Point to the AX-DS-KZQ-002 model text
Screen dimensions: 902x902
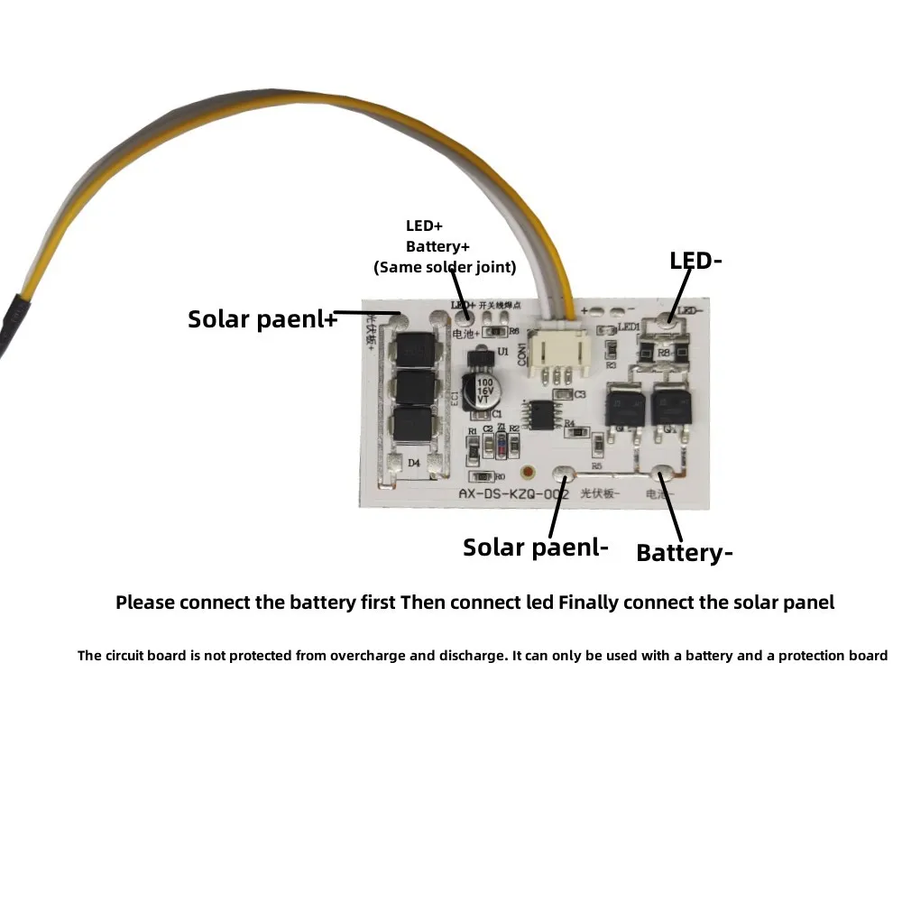pyautogui.click(x=513, y=493)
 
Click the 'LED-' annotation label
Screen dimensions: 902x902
pyautogui.click(x=695, y=262)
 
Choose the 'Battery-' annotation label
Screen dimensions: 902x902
pyautogui.click(x=684, y=553)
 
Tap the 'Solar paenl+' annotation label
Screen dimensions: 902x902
pyautogui.click(x=262, y=318)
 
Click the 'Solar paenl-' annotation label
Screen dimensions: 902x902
pyautogui.click(x=536, y=547)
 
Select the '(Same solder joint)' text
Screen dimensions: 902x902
pyautogui.click(x=445, y=267)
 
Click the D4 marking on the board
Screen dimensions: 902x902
pyautogui.click(x=414, y=463)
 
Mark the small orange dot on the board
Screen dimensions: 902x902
pyautogui.click(x=528, y=472)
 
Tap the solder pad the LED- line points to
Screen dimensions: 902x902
pyautogui.click(x=668, y=318)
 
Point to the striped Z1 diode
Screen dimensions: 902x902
pyautogui.click(x=501, y=444)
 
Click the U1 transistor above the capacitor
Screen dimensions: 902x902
pyautogui.click(x=479, y=358)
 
